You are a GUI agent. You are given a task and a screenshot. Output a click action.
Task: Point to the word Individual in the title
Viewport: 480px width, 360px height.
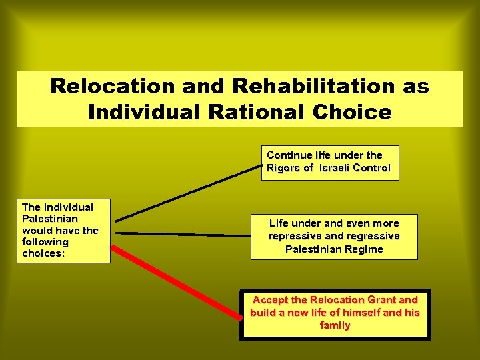tap(143, 111)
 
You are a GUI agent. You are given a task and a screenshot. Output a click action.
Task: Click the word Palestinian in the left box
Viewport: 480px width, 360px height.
tap(50, 219)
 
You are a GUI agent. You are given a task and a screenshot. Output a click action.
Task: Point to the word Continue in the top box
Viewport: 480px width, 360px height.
tap(289, 155)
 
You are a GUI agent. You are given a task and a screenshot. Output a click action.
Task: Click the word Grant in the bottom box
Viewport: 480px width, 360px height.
tap(376, 300)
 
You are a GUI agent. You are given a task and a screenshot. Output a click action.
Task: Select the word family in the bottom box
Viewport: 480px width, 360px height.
tap(335, 325)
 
